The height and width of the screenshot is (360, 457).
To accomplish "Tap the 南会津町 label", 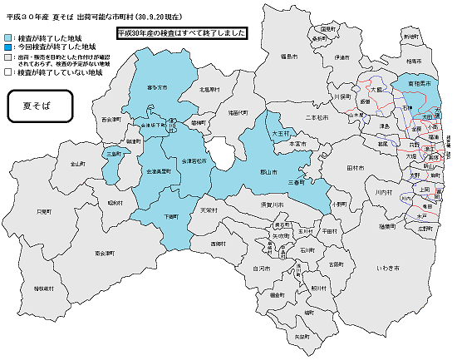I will (105, 251).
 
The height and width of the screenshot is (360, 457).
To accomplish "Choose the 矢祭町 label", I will (302, 337).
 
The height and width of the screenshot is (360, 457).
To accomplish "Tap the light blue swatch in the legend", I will (8, 38).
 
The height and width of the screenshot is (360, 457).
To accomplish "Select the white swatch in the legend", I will (8, 73).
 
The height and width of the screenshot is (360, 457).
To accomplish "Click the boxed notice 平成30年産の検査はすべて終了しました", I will (182, 35).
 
